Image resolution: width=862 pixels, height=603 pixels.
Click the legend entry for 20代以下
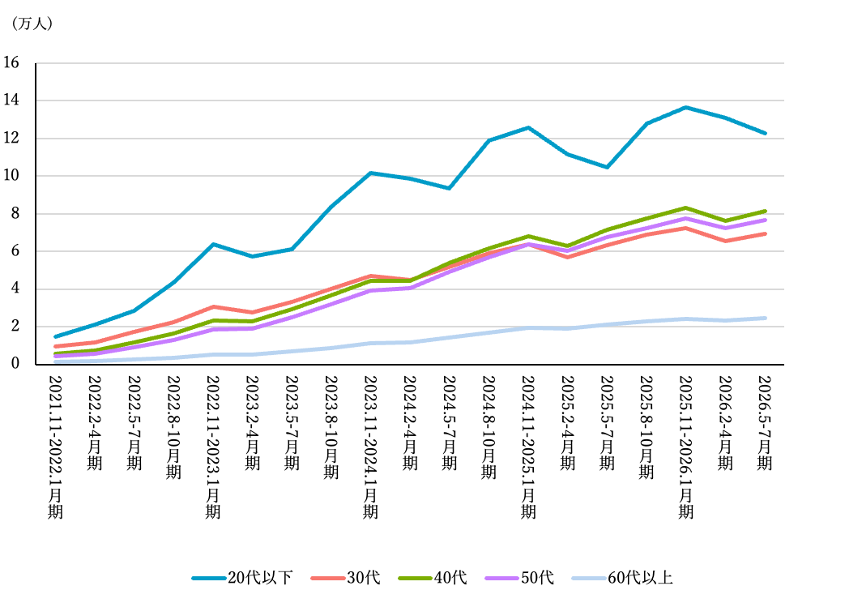(242, 578)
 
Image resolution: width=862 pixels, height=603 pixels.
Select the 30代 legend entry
(345, 578)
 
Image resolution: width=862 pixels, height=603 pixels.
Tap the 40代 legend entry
(433, 578)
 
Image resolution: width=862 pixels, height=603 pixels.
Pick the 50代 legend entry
(519, 578)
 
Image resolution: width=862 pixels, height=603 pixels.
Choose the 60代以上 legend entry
(622, 578)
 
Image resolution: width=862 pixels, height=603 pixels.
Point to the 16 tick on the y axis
(11, 62)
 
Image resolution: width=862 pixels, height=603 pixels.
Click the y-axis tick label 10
(11, 176)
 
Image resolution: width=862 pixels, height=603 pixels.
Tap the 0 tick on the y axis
(15, 363)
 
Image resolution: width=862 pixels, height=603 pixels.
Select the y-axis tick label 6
(15, 251)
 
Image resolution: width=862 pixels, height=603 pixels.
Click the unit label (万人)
(32, 24)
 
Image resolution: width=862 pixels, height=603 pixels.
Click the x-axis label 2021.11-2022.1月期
(56, 447)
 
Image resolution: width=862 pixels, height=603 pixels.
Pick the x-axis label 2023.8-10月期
(331, 427)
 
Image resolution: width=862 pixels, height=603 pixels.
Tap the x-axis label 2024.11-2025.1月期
(528, 447)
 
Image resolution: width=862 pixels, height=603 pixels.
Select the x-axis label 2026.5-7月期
(765, 423)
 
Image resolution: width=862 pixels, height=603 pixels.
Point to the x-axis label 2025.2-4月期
(568, 423)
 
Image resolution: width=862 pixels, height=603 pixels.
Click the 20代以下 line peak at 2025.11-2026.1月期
(685, 107)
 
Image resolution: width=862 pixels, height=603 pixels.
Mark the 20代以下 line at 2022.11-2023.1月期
(213, 244)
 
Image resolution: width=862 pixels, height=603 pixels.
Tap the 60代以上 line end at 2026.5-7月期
(765, 318)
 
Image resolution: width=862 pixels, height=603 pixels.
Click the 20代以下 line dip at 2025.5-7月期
(607, 167)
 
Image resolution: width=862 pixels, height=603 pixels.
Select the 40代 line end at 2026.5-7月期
(765, 212)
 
